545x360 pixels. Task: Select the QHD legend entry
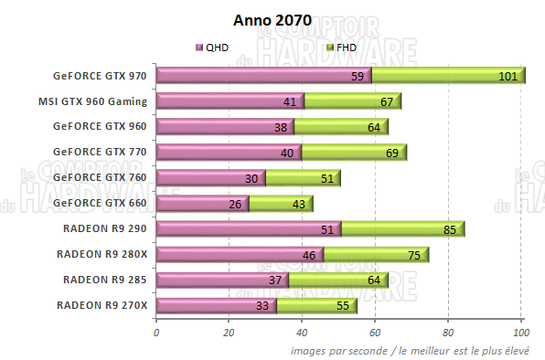[212, 46]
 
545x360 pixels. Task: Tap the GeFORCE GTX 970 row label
[102, 76]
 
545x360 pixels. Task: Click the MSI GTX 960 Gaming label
[94, 101]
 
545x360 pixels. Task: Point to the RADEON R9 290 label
[105, 228]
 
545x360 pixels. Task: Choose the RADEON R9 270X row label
[102, 304]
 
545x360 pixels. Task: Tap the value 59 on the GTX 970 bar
[358, 77]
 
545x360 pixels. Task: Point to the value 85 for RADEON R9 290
[448, 229]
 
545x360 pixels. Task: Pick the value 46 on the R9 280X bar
[310, 255]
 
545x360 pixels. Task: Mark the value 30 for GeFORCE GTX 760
[251, 178]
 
